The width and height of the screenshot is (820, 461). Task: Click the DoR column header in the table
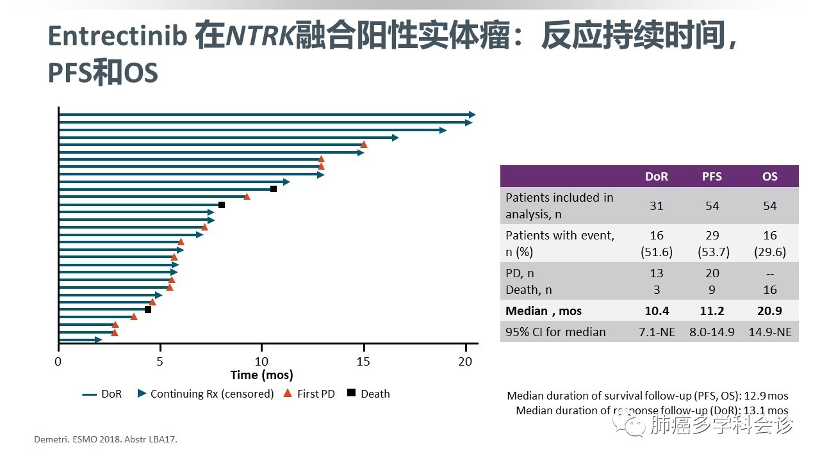click(x=656, y=176)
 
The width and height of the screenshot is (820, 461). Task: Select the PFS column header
click(x=712, y=176)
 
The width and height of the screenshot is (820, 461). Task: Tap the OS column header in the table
click(x=769, y=176)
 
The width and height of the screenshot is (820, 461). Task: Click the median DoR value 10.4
click(x=656, y=311)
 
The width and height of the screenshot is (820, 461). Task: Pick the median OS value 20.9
click(x=769, y=311)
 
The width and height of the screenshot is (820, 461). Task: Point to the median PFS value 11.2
click(x=712, y=311)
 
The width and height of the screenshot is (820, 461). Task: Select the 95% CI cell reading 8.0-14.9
click(x=712, y=332)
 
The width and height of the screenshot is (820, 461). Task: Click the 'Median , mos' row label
click(x=543, y=311)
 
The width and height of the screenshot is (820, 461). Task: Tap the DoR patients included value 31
click(x=656, y=206)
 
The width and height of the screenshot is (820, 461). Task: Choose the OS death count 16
click(x=769, y=289)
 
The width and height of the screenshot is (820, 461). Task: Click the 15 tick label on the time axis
click(x=363, y=361)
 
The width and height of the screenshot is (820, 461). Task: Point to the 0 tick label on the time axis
click(x=58, y=361)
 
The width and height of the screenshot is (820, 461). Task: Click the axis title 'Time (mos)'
click(x=261, y=375)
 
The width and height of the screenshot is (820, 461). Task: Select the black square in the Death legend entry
click(x=351, y=393)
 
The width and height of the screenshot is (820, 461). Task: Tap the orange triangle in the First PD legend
click(x=288, y=393)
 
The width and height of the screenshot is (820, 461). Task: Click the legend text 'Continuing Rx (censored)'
click(x=211, y=394)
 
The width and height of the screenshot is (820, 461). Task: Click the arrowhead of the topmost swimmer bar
click(x=472, y=115)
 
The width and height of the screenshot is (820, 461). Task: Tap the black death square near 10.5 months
click(x=274, y=189)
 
